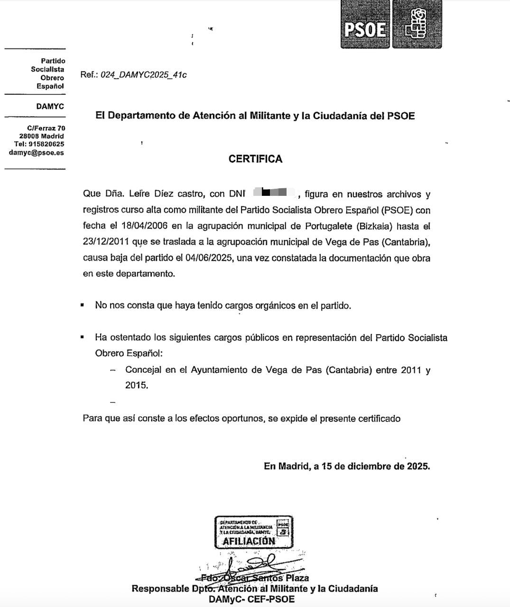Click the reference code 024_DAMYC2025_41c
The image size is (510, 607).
pyautogui.click(x=143, y=75)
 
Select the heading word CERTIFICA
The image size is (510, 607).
pyautogui.click(x=255, y=159)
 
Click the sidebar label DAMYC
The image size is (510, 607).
pyautogui.click(x=50, y=106)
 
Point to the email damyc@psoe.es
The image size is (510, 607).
pyautogui.click(x=36, y=153)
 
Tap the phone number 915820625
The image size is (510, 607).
pyautogui.click(x=46, y=144)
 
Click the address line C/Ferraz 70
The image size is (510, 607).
pyautogui.click(x=46, y=128)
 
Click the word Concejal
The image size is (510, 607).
pyautogui.click(x=143, y=370)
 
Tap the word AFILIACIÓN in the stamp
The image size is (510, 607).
pyautogui.click(x=249, y=541)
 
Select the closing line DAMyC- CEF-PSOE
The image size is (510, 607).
pyautogui.click(x=251, y=599)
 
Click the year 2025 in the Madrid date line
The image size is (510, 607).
pyautogui.click(x=417, y=466)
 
